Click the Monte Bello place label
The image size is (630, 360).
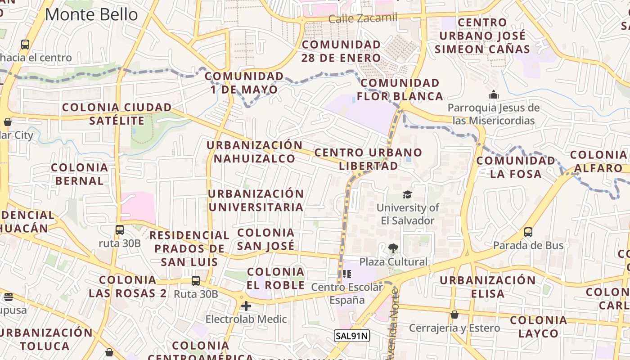[91, 14]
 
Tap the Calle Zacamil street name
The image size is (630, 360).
[363, 18]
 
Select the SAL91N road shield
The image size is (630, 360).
[351, 335]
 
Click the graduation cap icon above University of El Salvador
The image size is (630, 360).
[407, 195]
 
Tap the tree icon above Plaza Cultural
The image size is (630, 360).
[393, 248]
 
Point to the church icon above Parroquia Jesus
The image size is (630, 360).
[494, 95]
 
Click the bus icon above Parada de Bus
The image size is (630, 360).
[528, 232]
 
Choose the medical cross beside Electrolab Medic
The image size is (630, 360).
[246, 306]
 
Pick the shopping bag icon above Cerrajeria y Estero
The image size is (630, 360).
[454, 315]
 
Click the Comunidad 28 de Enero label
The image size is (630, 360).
[341, 51]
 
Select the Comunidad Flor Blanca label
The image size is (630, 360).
[400, 90]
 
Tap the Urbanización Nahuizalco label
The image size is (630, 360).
[254, 152]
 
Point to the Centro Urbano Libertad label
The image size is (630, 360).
[368, 159]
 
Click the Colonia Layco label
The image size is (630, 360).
[538, 327]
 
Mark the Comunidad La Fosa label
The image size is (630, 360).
[516, 167]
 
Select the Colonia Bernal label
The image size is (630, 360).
[79, 174]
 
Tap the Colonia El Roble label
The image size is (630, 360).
[275, 279]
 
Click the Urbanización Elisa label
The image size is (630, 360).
[488, 287]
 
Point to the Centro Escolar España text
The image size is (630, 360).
[347, 293]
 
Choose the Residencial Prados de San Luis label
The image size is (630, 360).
[189, 248]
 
